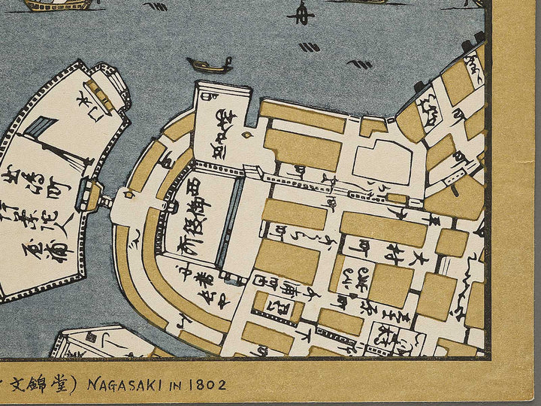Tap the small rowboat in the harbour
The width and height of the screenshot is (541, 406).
coord(210,65)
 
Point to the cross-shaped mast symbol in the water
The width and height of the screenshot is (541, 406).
coord(301,13)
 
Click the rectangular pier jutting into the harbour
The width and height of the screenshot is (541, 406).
coord(222,120)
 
